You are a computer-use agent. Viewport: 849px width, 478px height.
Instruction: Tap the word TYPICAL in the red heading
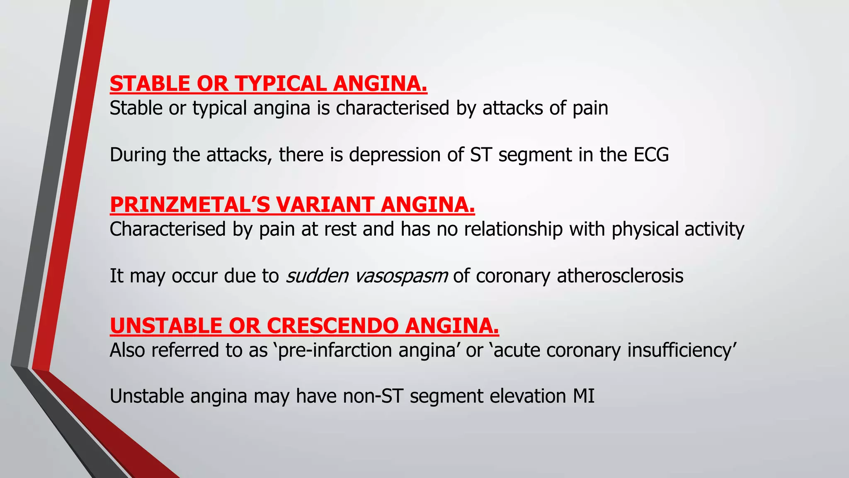[281, 84]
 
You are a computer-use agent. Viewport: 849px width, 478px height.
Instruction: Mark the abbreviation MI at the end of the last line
[584, 396]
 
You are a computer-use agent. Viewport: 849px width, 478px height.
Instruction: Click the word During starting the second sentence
[138, 155]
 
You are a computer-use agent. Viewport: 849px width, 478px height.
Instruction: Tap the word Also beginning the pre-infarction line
[127, 350]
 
